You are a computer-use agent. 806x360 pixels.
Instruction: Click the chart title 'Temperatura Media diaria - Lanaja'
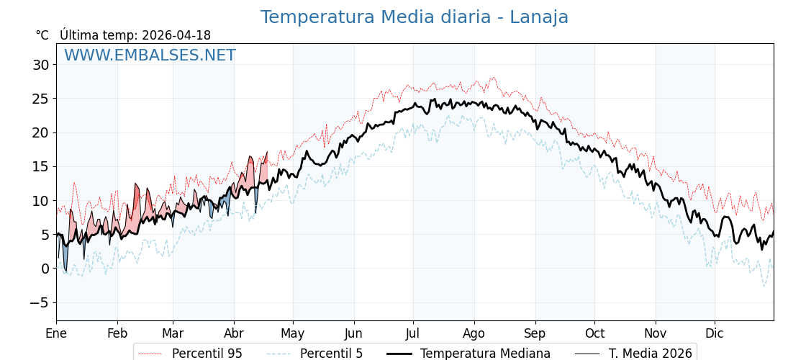pyautogui.click(x=414, y=17)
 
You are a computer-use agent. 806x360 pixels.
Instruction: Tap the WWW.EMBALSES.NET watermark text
pyautogui.click(x=150, y=55)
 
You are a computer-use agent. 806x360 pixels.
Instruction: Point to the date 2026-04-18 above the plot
pyautogui.click(x=176, y=35)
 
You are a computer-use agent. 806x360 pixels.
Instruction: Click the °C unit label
pyautogui.click(x=42, y=35)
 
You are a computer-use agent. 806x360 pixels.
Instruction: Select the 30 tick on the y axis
pyautogui.click(x=40, y=65)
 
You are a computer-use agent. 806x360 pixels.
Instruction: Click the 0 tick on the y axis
pyautogui.click(x=45, y=269)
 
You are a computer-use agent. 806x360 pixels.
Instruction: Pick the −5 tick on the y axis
pyautogui.click(x=40, y=302)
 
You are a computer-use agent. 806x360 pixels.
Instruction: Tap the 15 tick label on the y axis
pyautogui.click(x=40, y=166)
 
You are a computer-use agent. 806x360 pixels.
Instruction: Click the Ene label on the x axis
pyautogui.click(x=56, y=333)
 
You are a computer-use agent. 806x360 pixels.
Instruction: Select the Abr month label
pyautogui.click(x=234, y=333)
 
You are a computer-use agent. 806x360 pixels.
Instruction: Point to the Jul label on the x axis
pyautogui.click(x=413, y=333)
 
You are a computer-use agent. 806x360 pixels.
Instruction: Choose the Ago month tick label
pyautogui.click(x=474, y=333)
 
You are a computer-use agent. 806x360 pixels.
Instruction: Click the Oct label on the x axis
pyautogui.click(x=594, y=333)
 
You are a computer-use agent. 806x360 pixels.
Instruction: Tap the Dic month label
pyautogui.click(x=715, y=333)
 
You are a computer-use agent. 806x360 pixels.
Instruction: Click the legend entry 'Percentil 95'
pyautogui.click(x=207, y=354)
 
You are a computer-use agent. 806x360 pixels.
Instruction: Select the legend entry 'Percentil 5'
pyautogui.click(x=331, y=354)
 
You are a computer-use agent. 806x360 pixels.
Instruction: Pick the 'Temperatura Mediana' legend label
pyautogui.click(x=485, y=354)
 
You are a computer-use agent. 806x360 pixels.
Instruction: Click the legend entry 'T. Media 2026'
pyautogui.click(x=650, y=354)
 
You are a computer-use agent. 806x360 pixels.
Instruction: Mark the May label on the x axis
pyautogui.click(x=293, y=333)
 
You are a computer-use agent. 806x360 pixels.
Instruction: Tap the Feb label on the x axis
pyautogui.click(x=117, y=333)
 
